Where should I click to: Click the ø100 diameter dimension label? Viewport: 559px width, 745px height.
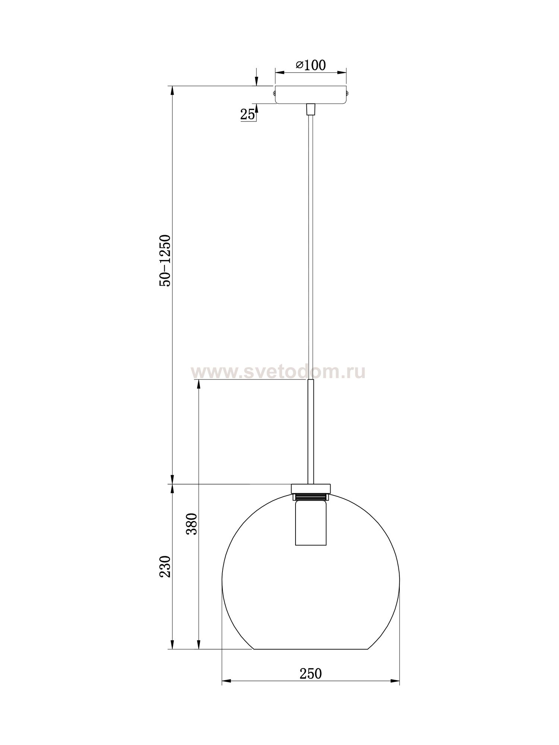(310, 65)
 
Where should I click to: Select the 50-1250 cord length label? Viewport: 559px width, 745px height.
(165, 260)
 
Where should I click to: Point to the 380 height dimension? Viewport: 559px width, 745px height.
(191, 524)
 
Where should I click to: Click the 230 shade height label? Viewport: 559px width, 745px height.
(165, 567)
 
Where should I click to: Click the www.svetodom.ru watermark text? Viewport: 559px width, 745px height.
(278, 372)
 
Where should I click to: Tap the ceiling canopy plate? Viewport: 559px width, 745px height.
(310, 95)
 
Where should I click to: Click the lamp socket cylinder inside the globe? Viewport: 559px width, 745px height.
(310, 523)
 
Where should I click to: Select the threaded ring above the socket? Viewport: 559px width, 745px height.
(310, 497)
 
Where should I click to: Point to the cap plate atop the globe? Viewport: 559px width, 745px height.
(310, 488)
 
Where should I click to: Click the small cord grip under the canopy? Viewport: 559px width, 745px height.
(310, 109)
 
